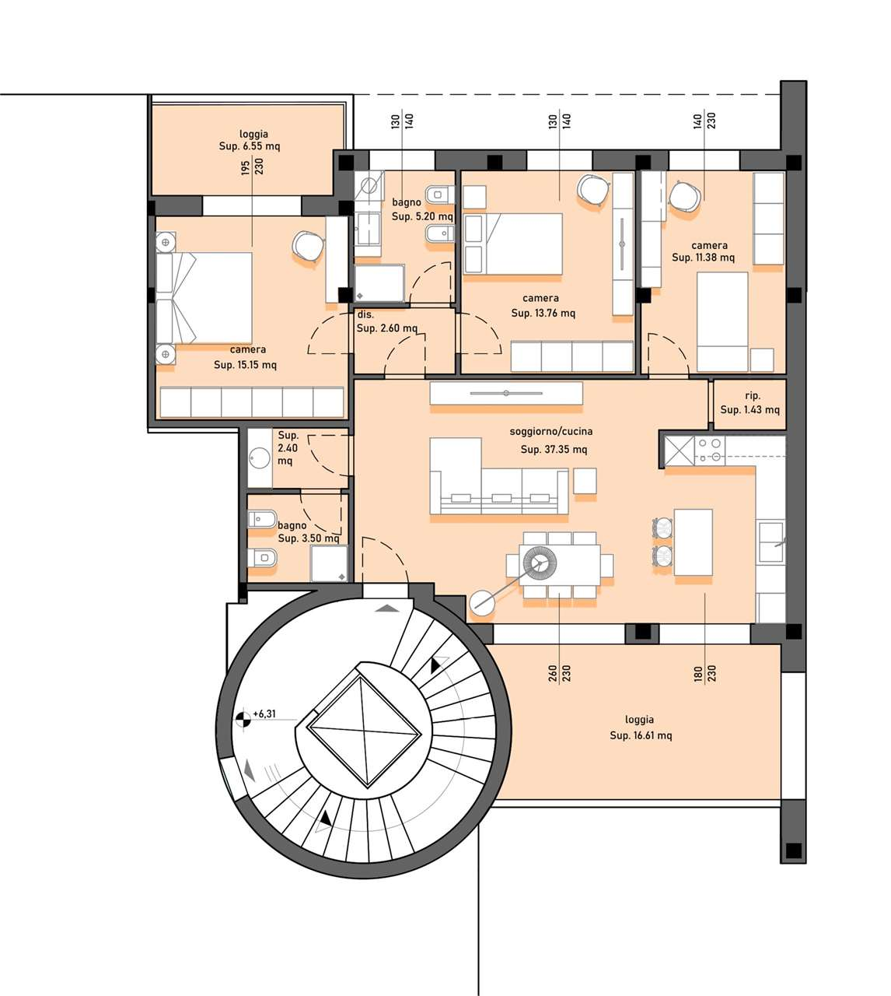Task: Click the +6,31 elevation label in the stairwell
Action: coord(264,714)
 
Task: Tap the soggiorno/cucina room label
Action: coord(550,432)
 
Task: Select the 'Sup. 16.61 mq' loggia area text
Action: coord(641,735)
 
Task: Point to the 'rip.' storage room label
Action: coord(752,396)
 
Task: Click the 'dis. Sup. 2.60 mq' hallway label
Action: coord(386,321)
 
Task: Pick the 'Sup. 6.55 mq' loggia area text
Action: coord(250,146)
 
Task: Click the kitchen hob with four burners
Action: coord(710,450)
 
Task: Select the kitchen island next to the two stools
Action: coord(693,542)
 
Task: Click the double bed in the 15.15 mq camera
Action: coord(204,298)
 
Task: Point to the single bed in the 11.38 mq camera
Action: coord(722,322)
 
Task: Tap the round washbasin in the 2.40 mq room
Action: coord(260,458)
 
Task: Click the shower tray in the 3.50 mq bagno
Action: coord(329,563)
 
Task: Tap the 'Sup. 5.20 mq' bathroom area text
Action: coord(422,216)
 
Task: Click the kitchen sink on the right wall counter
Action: coord(771,542)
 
